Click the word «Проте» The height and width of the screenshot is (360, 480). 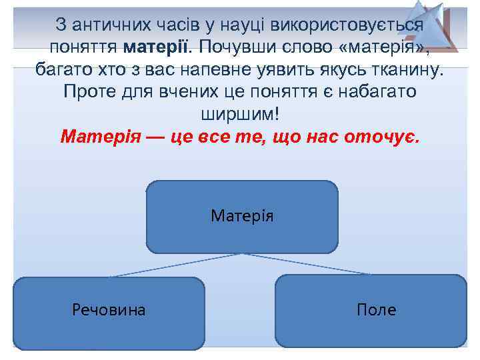coord(89,91)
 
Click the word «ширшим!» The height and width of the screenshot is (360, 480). coord(239,113)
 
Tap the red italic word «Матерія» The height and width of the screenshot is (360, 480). coord(100,137)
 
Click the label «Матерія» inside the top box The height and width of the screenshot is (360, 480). coord(242,216)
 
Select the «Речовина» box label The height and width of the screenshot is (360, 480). coord(109,309)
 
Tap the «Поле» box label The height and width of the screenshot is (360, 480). coord(376,309)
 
